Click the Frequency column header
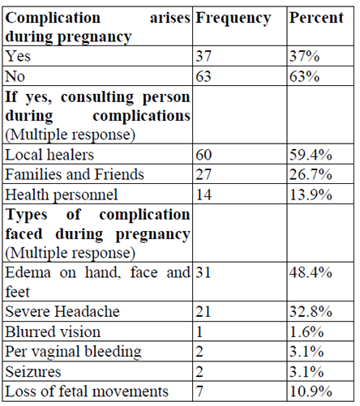[x=233, y=19]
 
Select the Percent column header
[x=316, y=18]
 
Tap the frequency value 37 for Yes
[x=204, y=56]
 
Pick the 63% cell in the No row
[x=304, y=76]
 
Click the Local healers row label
[x=49, y=155]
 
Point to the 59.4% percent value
[x=311, y=155]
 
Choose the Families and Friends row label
[x=75, y=174]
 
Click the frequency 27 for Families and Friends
[x=204, y=174]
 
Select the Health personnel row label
[x=62, y=195]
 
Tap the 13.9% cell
[x=311, y=194]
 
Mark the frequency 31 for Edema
[x=204, y=272]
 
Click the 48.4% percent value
[x=311, y=272]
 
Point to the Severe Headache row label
[x=62, y=312]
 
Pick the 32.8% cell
[x=311, y=312]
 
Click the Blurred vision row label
[x=53, y=331]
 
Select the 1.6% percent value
[x=306, y=331]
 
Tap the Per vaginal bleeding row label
[x=73, y=353]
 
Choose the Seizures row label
[x=33, y=372]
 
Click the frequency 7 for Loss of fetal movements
[x=199, y=391]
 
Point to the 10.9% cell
[x=311, y=391]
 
